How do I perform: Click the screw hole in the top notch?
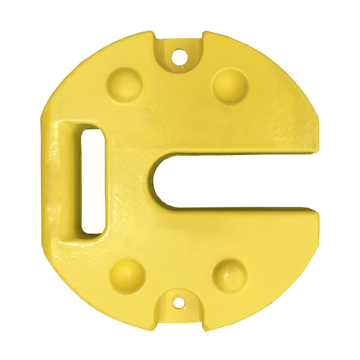[179, 56]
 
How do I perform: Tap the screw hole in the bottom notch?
[177, 303]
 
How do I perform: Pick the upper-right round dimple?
[230, 86]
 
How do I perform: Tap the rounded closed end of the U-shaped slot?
[158, 182]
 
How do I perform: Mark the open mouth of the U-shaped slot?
[310, 182]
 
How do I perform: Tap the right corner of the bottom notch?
[204, 329]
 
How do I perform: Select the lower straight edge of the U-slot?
[245, 208]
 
